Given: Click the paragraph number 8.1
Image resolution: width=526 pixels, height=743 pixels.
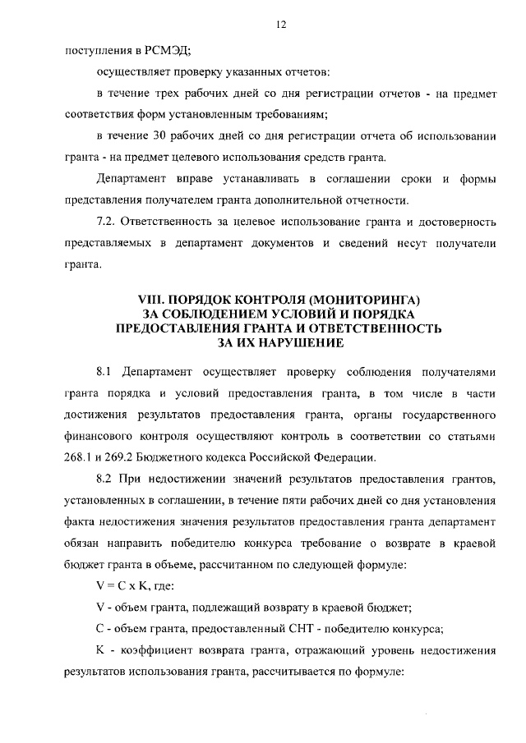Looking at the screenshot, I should tap(107, 371).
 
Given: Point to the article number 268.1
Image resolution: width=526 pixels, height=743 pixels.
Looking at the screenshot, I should tap(80, 456).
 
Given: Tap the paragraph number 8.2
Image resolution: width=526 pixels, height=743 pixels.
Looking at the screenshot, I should tap(107, 478).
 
